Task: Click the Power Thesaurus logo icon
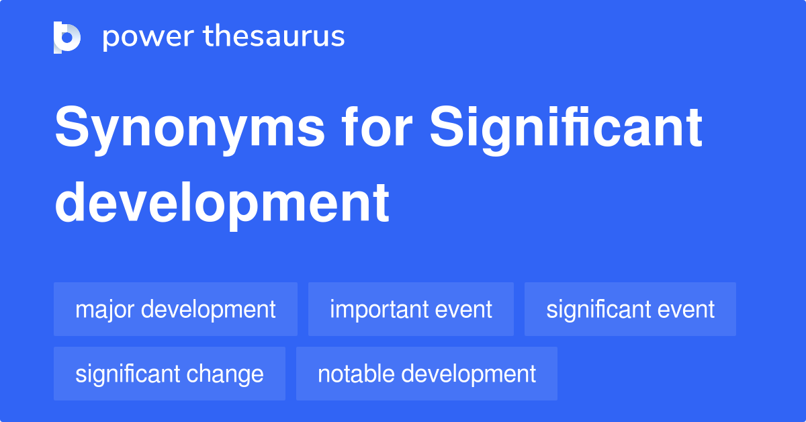(67, 38)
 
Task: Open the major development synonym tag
(175, 309)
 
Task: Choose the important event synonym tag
(410, 309)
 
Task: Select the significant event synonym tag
(630, 309)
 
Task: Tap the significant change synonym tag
(169, 374)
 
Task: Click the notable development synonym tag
(427, 374)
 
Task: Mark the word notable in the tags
(350, 374)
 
